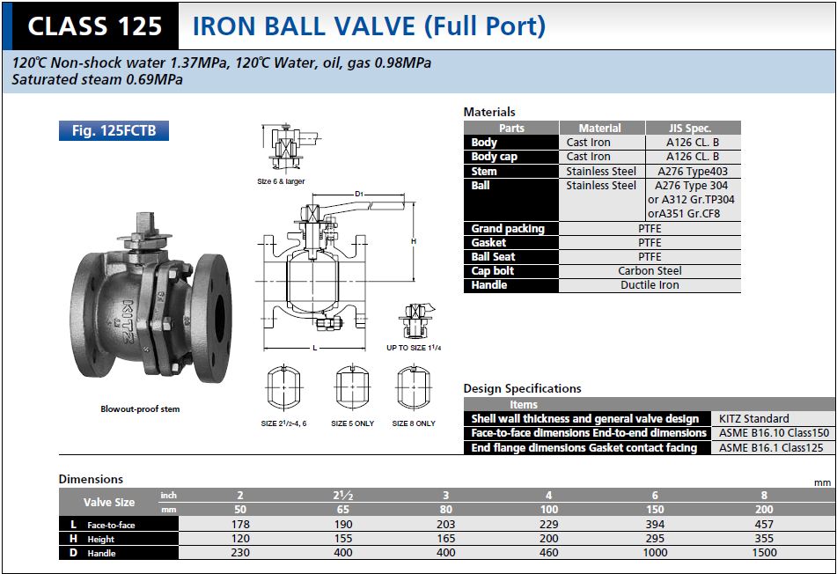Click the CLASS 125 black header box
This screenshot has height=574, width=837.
click(x=95, y=26)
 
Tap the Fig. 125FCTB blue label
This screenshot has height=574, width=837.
click(x=114, y=131)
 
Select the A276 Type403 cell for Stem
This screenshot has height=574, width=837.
click(x=693, y=172)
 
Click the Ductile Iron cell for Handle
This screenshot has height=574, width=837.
click(x=650, y=285)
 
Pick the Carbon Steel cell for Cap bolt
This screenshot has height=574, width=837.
click(x=650, y=271)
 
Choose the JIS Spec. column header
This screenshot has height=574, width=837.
click(x=693, y=129)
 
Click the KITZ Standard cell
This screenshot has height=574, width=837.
click(x=753, y=419)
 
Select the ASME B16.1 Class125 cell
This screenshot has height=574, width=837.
click(x=771, y=448)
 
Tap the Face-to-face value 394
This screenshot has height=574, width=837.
click(x=655, y=525)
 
